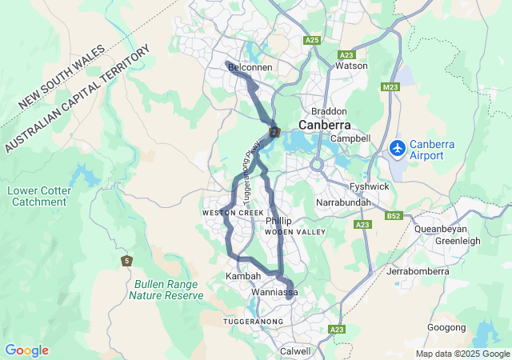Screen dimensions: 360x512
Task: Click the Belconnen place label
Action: click(250, 70)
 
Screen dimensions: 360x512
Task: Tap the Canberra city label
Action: click(325, 126)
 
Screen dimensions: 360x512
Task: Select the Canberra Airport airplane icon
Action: click(398, 148)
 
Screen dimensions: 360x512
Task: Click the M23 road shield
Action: click(390, 86)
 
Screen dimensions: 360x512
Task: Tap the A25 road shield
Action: click(312, 39)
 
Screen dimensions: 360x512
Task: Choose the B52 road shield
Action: click(393, 215)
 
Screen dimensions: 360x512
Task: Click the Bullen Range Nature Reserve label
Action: click(166, 290)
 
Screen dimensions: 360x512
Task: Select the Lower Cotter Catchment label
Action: click(39, 196)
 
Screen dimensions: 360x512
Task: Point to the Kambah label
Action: click(243, 276)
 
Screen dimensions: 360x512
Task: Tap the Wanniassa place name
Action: click(274, 293)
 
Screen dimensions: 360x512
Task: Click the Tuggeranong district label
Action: click(253, 321)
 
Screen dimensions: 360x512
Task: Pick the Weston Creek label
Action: click(233, 213)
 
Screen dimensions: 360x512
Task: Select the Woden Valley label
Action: click(294, 232)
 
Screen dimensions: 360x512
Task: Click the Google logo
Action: click(26, 350)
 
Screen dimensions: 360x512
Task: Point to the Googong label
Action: click(446, 327)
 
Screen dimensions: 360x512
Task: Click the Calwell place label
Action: click(295, 351)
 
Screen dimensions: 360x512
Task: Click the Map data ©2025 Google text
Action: click(462, 354)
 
